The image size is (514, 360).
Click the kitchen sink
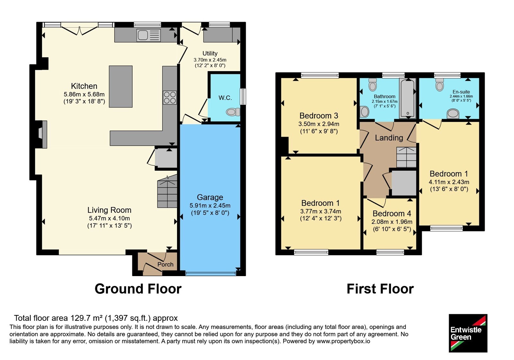point(148,35)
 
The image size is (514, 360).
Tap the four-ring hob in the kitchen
point(170,98)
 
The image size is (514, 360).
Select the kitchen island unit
point(121,86)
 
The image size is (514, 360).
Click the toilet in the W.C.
point(233,112)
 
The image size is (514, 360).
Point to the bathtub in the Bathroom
point(408,98)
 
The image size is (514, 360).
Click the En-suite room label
point(461,92)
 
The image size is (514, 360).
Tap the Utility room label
point(210,53)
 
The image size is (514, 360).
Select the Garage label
point(210,197)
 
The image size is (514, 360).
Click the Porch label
point(165,265)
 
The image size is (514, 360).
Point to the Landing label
point(389,138)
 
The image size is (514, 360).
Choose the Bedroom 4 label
point(392,213)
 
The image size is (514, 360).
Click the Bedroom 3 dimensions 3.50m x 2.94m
point(319,124)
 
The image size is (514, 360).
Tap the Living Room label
point(109,210)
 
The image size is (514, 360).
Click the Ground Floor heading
point(138,289)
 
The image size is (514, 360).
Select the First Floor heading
point(380,289)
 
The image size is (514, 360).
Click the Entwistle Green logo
point(468,333)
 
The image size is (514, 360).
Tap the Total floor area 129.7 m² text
point(96,318)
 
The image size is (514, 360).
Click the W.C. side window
point(243,97)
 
